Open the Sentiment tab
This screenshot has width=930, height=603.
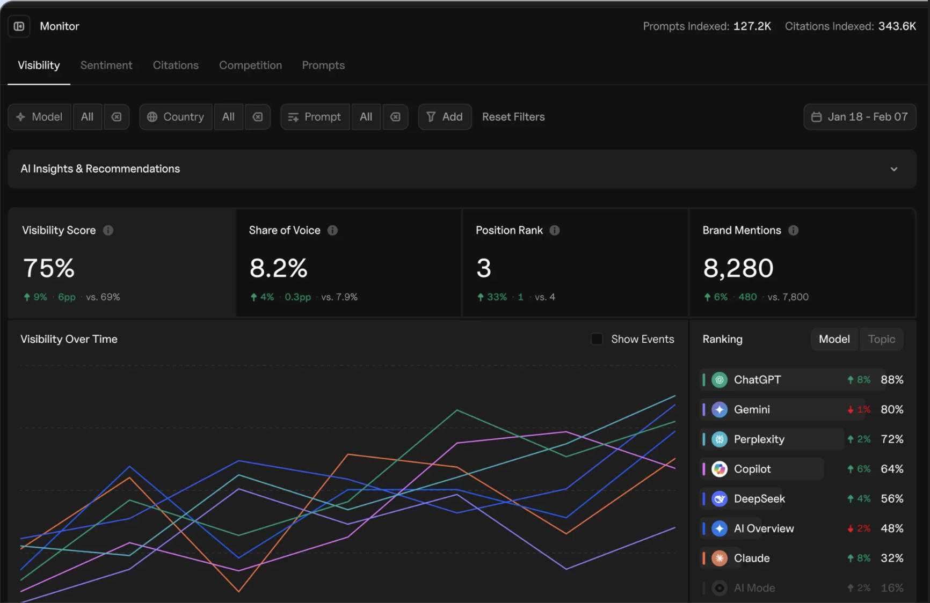106,65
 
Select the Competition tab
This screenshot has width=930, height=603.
250,65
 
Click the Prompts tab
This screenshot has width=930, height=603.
323,65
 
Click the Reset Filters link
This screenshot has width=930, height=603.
513,117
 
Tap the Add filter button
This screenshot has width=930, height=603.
445,117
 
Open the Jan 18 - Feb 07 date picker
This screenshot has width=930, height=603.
860,117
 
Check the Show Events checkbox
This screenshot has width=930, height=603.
597,339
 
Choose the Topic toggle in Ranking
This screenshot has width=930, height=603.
882,339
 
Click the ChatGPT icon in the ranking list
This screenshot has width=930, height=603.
720,380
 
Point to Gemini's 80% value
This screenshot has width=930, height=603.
892,409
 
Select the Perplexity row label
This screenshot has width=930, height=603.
759,439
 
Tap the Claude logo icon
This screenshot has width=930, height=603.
720,558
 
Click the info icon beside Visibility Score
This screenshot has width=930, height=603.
108,230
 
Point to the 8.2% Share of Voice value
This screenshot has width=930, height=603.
278,268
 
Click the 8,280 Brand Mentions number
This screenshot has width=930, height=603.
738,268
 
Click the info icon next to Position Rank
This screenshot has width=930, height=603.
555,230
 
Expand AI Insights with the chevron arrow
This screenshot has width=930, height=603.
894,169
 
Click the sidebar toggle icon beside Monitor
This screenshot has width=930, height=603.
19,26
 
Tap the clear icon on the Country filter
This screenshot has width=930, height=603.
258,117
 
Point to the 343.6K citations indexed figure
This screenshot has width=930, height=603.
897,26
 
